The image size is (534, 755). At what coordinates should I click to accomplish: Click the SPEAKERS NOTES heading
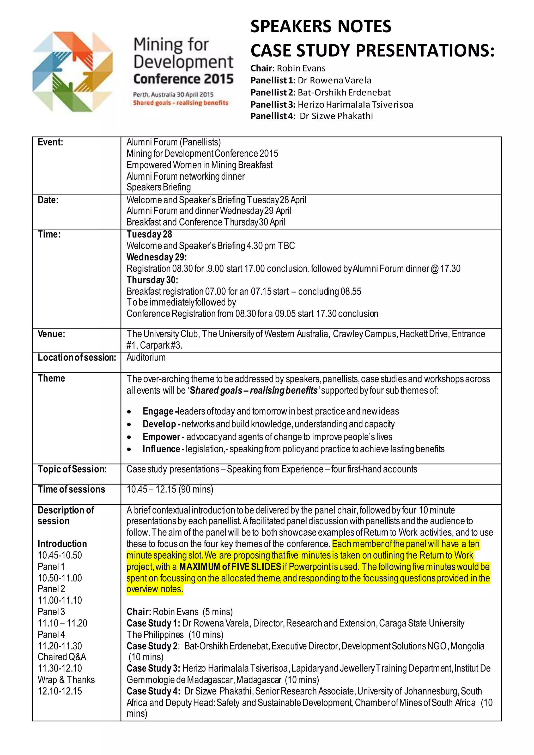click(x=321, y=26)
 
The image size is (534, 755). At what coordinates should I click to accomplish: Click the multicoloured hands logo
click(x=73, y=72)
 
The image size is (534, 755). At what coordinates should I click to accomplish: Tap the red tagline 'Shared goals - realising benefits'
click(x=180, y=103)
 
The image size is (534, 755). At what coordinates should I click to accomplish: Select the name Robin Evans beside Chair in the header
click(x=301, y=68)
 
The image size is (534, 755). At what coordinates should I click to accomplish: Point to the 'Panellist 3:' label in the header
click(x=272, y=105)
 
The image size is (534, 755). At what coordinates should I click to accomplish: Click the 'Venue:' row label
click(x=51, y=334)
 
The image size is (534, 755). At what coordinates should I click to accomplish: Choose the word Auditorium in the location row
click(x=146, y=357)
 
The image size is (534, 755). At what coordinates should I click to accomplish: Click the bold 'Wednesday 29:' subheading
click(x=156, y=257)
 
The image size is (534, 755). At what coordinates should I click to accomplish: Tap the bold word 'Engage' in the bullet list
click(x=158, y=411)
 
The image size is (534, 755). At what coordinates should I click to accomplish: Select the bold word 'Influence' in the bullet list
click(x=161, y=449)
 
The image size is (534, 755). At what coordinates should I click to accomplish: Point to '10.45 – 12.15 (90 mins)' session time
click(x=170, y=490)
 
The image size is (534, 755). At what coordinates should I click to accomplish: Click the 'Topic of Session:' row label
click(x=72, y=469)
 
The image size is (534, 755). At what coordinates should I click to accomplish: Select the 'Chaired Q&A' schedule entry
click(x=62, y=657)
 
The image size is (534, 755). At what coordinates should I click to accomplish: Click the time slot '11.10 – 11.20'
click(x=63, y=623)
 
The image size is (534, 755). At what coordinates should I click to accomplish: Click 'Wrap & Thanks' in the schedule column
click(x=66, y=680)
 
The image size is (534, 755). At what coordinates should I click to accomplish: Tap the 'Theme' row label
click(x=51, y=379)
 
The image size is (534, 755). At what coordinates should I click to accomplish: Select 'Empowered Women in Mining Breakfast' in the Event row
click(x=199, y=165)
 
